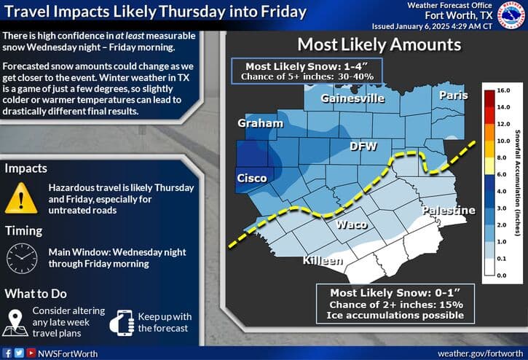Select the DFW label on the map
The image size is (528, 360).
(363, 146)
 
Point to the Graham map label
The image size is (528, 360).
(260, 124)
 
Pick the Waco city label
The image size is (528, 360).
(351, 224)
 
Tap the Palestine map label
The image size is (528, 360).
(449, 211)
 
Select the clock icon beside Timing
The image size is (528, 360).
(23, 257)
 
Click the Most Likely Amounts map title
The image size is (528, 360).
(379, 44)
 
